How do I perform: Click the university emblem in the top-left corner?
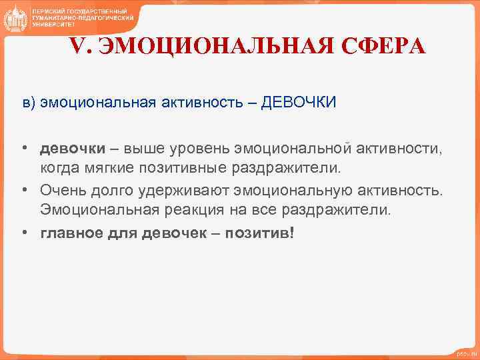[15, 17]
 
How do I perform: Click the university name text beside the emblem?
[83, 17]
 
